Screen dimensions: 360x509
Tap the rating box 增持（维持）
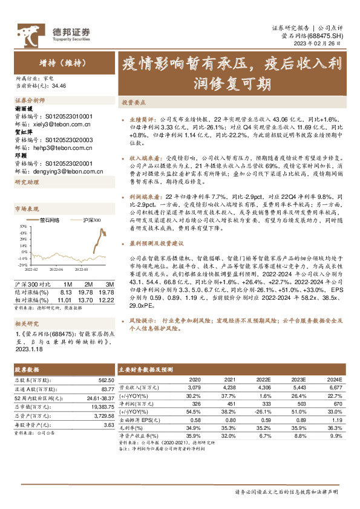[59, 62]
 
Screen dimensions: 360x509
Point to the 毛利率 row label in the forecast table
[129, 428]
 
